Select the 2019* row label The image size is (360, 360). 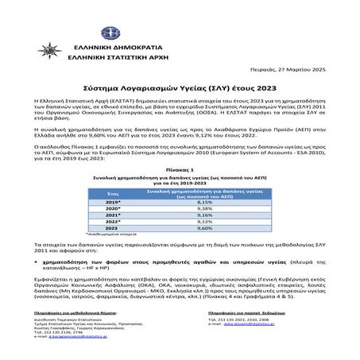tap(113, 202)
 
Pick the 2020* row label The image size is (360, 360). tap(113, 208)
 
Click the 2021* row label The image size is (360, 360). tap(113, 215)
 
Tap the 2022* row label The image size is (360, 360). tap(113, 221)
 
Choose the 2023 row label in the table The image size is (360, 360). tap(113, 228)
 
